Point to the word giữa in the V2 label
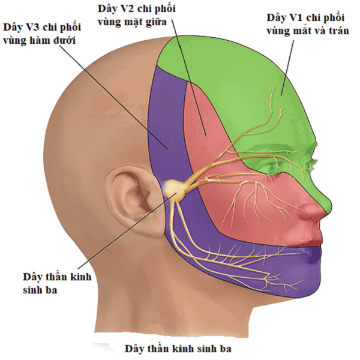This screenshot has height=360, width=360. pos(156,22)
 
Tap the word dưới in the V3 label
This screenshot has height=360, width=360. pos(64,41)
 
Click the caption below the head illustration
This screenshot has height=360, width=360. pos(178,349)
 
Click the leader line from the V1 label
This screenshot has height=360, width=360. pos(287,68)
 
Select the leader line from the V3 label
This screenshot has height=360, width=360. pos(114,97)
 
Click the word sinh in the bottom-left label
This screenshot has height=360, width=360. pos(32,290)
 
